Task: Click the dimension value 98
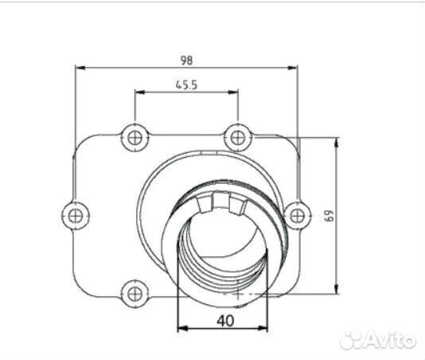(x=186, y=60)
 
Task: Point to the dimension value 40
(x=224, y=321)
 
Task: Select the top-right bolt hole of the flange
(x=236, y=137)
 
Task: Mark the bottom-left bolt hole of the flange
(x=134, y=292)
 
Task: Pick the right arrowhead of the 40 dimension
(x=267, y=327)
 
